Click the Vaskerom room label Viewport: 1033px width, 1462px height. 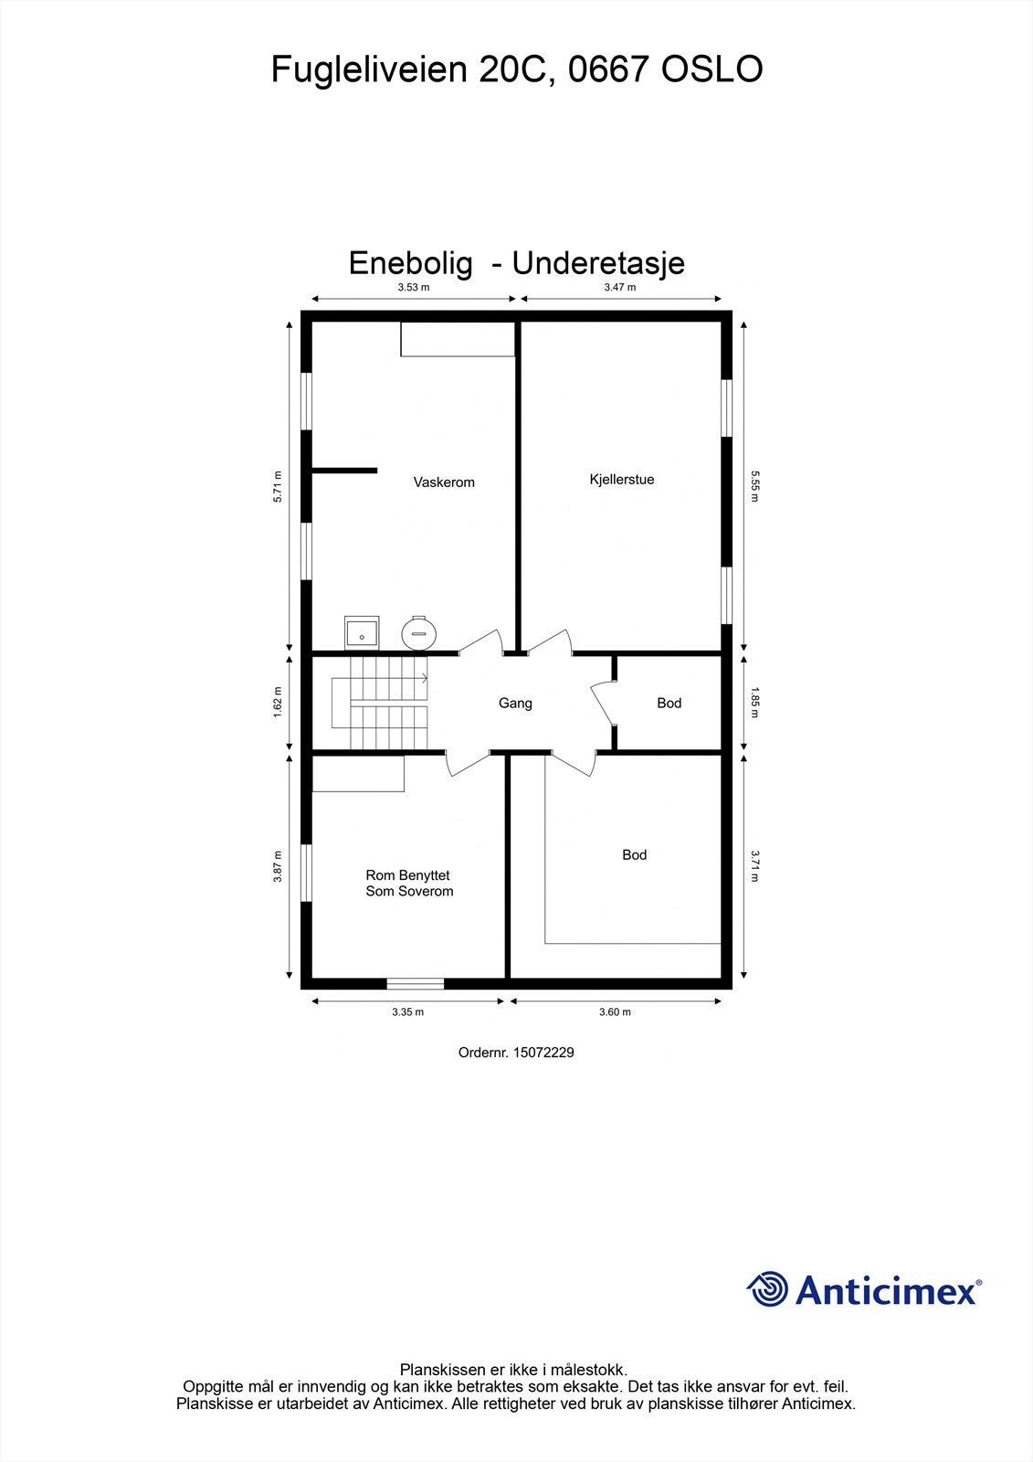[x=444, y=482]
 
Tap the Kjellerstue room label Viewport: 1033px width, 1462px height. [x=622, y=480]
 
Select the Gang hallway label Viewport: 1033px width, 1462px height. [x=515, y=704]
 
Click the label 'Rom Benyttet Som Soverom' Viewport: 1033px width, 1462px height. [x=409, y=884]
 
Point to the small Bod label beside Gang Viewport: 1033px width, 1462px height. [x=669, y=704]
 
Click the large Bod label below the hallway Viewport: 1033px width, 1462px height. [x=634, y=855]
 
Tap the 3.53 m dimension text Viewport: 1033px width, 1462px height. [x=413, y=287]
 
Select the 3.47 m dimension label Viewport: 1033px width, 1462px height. [x=620, y=287]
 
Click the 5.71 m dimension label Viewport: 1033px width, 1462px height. [x=279, y=486]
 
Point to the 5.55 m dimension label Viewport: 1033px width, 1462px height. [x=755, y=486]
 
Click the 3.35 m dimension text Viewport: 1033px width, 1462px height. [x=407, y=1012]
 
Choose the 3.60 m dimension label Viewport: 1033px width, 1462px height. [x=615, y=1012]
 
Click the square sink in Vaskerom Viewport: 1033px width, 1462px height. [x=362, y=631]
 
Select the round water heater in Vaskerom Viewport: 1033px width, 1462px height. [x=419, y=631]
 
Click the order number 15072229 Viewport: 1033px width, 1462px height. [x=543, y=1053]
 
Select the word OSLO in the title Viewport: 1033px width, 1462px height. [x=711, y=69]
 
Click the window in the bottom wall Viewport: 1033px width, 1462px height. [x=415, y=983]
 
